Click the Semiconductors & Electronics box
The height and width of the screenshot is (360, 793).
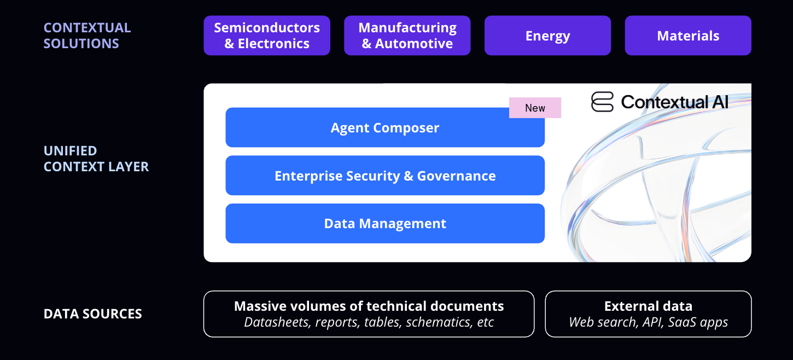point(267,36)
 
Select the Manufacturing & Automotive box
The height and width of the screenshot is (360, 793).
point(407,36)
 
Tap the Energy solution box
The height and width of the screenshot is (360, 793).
point(547,36)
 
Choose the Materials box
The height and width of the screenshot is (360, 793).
point(688,36)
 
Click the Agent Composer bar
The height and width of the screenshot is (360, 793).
point(385,127)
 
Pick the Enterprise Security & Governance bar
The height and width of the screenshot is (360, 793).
point(385,176)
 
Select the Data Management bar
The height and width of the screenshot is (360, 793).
point(385,223)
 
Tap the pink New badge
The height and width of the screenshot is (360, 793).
point(535,108)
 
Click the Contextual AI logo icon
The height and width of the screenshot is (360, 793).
point(603,102)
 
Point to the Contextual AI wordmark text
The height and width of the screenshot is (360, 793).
point(674,102)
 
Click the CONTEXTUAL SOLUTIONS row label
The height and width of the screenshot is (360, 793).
point(88,36)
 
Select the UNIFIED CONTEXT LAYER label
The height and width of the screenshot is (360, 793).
point(96,159)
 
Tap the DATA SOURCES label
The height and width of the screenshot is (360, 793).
point(93,314)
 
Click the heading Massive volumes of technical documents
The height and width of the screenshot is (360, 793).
point(369,306)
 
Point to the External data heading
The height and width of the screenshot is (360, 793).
point(648,306)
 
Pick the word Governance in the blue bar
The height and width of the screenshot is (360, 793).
point(456,176)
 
